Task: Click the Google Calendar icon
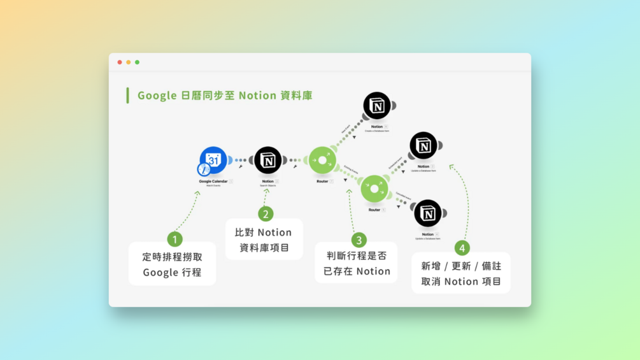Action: [x=214, y=160]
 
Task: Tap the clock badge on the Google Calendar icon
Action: [x=204, y=169]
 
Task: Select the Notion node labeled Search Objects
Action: [x=268, y=160]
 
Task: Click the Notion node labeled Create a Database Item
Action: [x=377, y=106]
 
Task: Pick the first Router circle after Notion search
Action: [x=322, y=161]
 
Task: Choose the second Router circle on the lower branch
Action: [x=374, y=189]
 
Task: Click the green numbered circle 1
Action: [x=175, y=239]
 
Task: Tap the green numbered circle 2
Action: [x=266, y=214]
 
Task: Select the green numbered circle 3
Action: [x=359, y=240]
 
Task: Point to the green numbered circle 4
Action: [x=462, y=248]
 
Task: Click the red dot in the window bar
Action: [x=119, y=62]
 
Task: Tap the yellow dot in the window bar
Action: [x=128, y=62]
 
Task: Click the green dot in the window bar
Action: [x=137, y=62]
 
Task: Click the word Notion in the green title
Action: [x=257, y=96]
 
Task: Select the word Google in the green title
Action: [x=157, y=96]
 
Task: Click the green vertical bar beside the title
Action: [x=127, y=96]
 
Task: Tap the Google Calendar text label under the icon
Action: [x=213, y=181]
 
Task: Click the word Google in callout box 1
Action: [x=160, y=273]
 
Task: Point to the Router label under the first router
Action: [x=322, y=181]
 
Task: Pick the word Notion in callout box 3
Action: [x=373, y=271]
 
